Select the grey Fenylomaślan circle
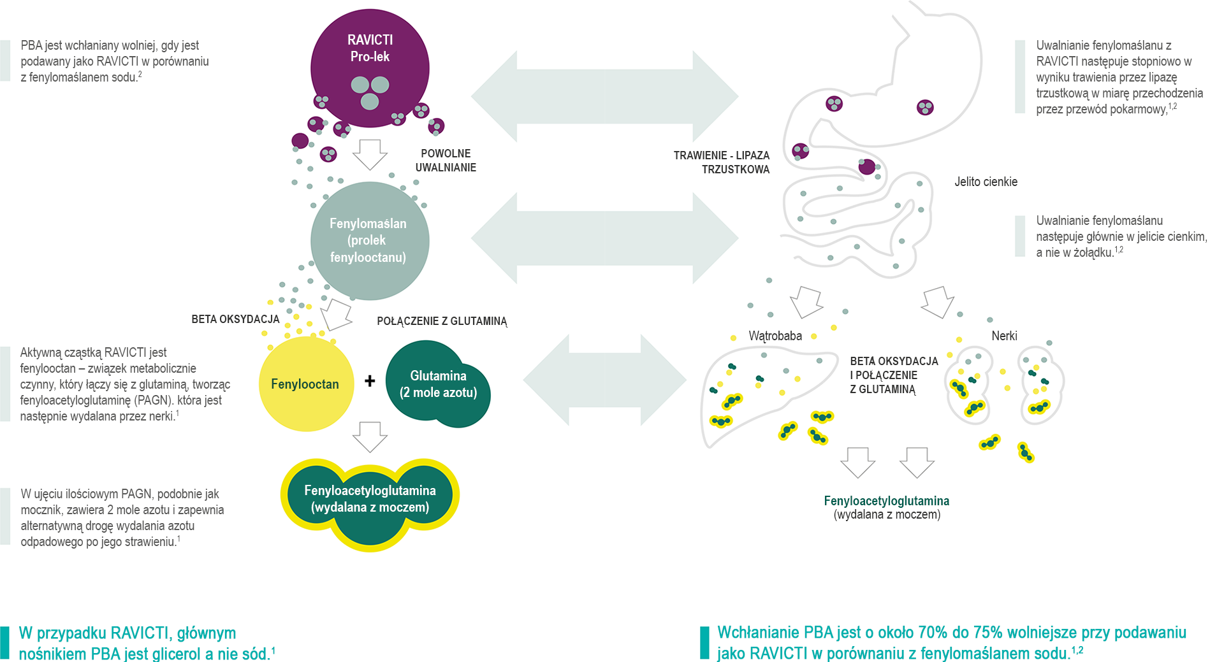click(370, 241)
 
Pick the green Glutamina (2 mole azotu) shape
click(438, 384)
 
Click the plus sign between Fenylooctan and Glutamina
click(370, 381)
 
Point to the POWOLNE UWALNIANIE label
click(446, 161)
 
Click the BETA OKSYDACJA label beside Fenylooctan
click(235, 319)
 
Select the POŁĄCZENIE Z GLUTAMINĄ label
click(442, 321)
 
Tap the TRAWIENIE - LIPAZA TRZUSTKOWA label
click(722, 162)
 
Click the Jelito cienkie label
click(986, 182)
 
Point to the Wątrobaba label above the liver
click(775, 336)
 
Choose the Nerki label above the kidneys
click(1004, 336)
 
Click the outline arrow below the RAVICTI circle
click(370, 155)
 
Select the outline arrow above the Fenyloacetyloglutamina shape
click(370, 437)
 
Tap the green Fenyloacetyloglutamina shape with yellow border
click(370, 503)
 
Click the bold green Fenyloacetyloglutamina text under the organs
click(886, 501)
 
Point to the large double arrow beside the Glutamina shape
click(604, 380)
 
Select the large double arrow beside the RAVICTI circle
click(604, 96)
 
